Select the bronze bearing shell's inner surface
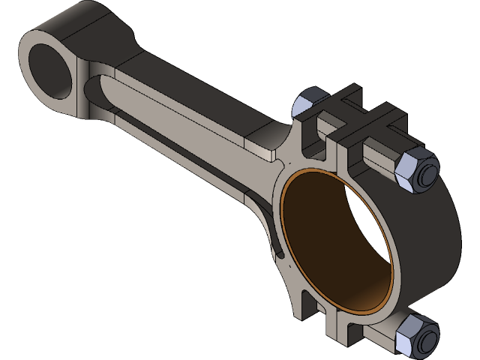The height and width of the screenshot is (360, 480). [x=315, y=247]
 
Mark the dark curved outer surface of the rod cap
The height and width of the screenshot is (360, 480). [x=435, y=247]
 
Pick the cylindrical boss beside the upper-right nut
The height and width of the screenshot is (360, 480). [x=382, y=161]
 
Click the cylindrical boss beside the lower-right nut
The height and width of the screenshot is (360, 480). [x=375, y=334]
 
